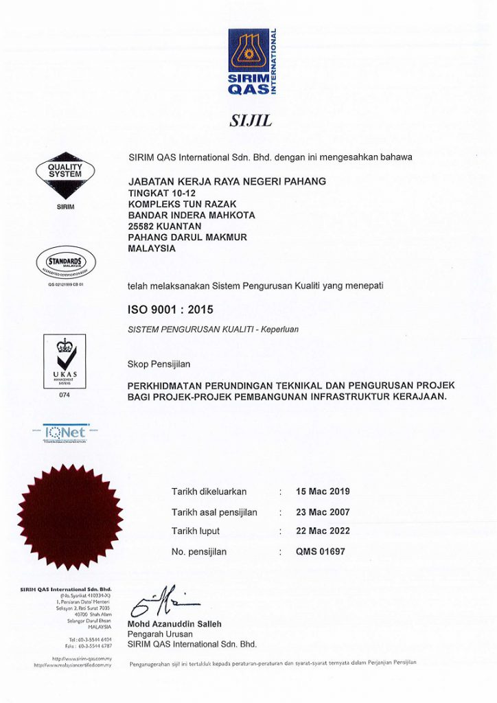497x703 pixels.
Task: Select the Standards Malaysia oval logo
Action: (x=65, y=264)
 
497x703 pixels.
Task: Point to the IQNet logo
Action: (x=64, y=433)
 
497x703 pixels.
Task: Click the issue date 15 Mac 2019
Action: (x=323, y=492)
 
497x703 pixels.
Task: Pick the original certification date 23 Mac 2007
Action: (x=323, y=512)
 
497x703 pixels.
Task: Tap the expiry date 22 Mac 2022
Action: (x=323, y=531)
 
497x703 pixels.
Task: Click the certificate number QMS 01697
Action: (x=321, y=551)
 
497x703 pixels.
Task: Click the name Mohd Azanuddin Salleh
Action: (x=174, y=624)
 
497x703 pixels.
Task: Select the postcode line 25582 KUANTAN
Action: (x=165, y=226)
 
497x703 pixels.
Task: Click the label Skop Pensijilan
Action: (x=159, y=364)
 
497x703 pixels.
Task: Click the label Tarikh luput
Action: (x=196, y=531)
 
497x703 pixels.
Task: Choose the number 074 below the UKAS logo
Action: (x=65, y=395)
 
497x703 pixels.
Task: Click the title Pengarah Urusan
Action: (x=160, y=634)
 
